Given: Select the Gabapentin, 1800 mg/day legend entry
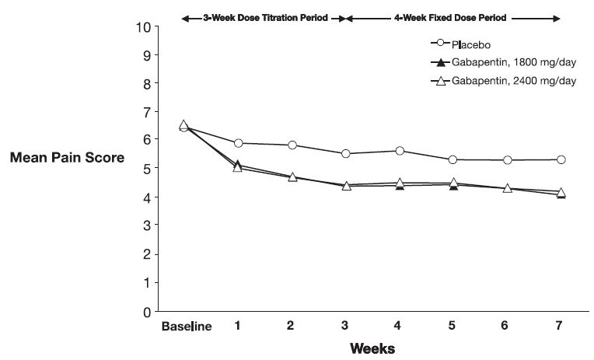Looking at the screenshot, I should click(505, 62).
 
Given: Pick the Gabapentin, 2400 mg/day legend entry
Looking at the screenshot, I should click(505, 81).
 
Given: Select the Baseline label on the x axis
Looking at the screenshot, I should click(186, 326).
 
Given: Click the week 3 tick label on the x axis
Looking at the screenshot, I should click(345, 325).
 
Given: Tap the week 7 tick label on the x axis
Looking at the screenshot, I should click(561, 325).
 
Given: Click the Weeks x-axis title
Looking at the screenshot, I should click(372, 348).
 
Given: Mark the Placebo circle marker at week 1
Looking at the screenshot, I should click(238, 143).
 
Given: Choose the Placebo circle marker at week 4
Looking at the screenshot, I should click(400, 151).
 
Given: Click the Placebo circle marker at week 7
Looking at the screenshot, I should click(561, 159).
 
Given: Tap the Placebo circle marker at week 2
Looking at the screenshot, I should click(292, 145).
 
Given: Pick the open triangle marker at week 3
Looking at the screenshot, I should click(345, 186).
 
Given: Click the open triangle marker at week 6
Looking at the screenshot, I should click(507, 188).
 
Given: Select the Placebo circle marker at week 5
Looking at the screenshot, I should click(453, 159).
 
